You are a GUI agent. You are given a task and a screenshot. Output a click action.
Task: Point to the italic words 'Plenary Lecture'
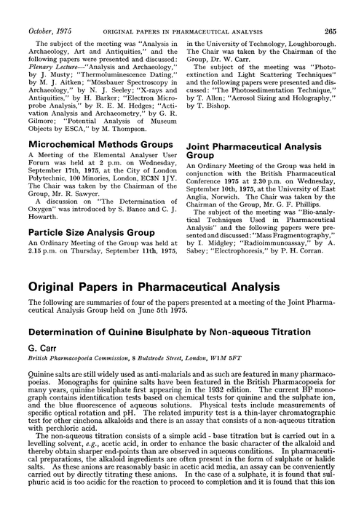pyautogui.click(x=41, y=64)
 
